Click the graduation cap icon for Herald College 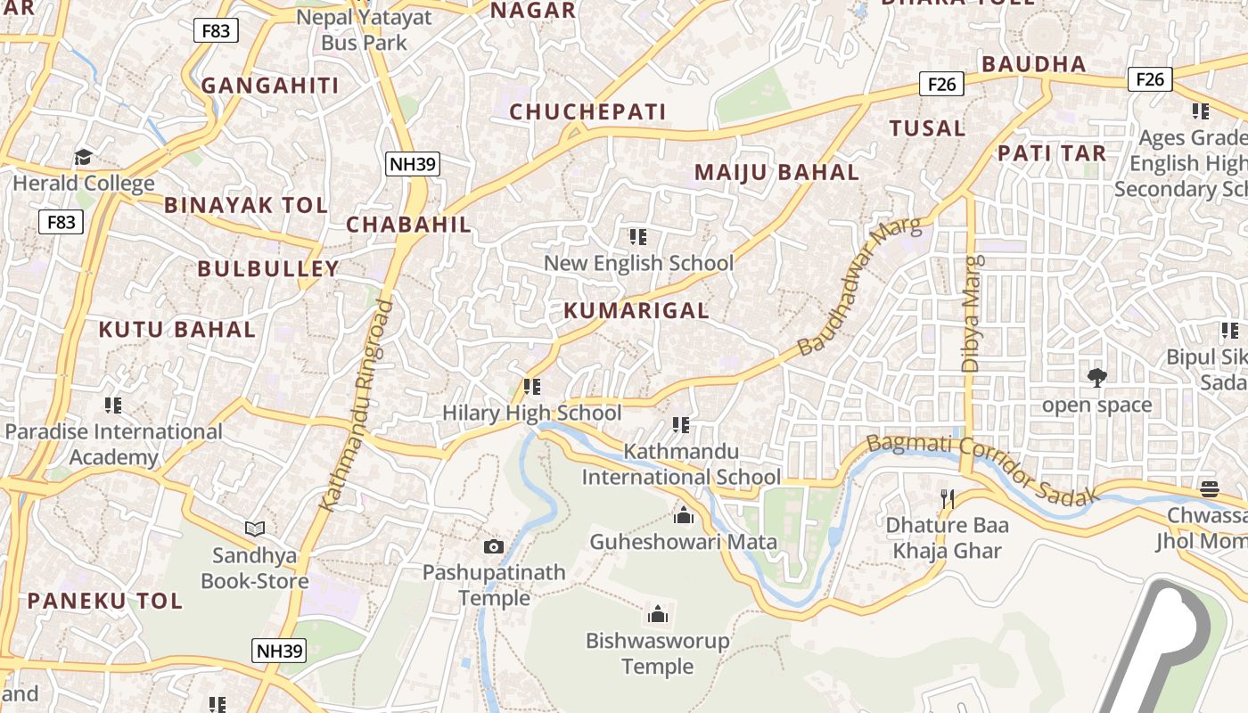coord(84,158)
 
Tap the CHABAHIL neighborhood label coord(408,225)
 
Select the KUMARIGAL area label coord(636,311)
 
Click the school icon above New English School coord(638,237)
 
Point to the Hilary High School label coord(532,414)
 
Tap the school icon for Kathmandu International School coord(681,425)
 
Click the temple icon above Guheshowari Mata coord(684,515)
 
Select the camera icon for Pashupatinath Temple coord(494,546)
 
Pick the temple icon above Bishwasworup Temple coord(658,614)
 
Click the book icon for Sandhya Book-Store coord(255,529)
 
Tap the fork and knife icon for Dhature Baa coord(948,499)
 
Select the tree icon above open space coord(1097,378)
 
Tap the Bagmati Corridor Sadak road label coord(980,470)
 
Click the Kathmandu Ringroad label coord(356,406)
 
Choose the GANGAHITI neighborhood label coord(270,86)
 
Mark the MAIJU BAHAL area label coord(776,173)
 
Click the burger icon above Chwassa coord(1210,488)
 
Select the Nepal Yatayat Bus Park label coord(364,29)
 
